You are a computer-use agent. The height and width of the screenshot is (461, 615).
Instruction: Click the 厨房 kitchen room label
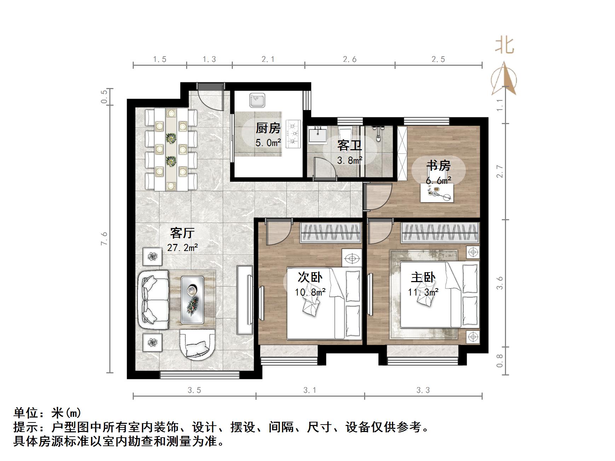(x=268, y=128)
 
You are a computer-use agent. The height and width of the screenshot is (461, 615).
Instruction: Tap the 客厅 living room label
(x=182, y=233)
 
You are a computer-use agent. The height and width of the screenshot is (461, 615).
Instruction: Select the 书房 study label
(x=438, y=165)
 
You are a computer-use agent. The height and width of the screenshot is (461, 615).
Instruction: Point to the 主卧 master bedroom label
(x=423, y=278)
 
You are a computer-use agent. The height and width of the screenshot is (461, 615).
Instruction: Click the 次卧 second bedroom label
(x=310, y=278)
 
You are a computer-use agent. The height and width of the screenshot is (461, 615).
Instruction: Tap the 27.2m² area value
(x=182, y=247)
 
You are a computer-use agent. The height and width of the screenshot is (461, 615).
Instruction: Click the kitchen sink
(x=257, y=100)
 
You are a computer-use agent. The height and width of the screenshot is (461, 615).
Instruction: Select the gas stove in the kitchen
(x=294, y=134)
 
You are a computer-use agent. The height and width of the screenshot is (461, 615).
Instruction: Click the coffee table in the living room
(x=193, y=300)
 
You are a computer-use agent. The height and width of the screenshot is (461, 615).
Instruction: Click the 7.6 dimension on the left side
(x=104, y=238)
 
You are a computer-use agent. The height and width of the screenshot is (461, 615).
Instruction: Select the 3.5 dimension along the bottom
(x=194, y=390)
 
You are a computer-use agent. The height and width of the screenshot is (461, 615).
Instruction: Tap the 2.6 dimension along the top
(x=350, y=59)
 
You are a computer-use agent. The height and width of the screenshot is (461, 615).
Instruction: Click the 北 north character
(x=504, y=46)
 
